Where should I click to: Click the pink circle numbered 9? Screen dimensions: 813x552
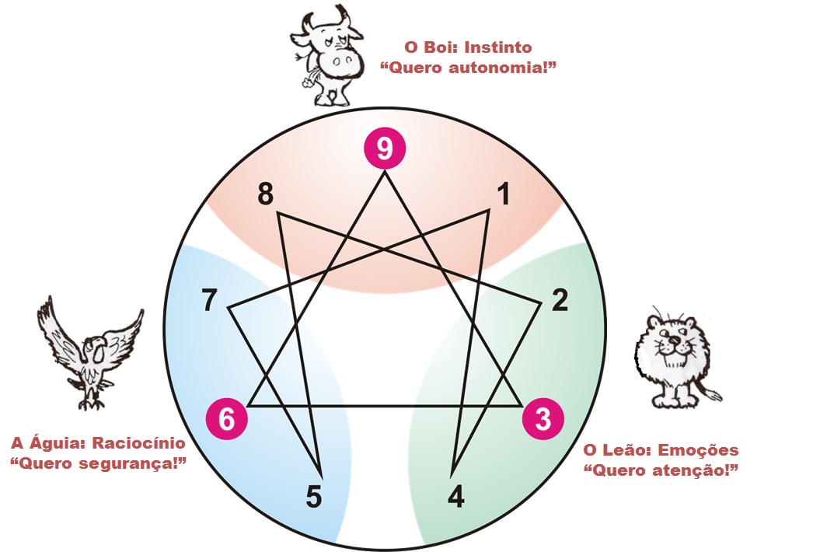pos(386,148)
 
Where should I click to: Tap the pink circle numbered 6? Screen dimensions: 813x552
pos(226,418)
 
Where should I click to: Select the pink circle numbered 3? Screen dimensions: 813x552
pos(544,418)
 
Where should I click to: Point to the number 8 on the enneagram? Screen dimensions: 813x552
pos(266,195)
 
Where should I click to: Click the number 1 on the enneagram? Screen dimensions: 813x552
pos(504,195)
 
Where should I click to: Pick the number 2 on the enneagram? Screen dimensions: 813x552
pos(560,300)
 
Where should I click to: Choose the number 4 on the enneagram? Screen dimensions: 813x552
pos(457,496)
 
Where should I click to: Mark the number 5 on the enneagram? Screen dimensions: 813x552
pos(313,496)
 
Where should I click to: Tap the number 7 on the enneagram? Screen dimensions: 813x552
pos(209,300)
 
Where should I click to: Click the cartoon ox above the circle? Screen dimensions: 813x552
pos(326,54)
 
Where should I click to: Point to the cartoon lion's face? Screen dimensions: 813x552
pos(670,342)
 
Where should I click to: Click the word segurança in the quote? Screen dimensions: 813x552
pos(129,464)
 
